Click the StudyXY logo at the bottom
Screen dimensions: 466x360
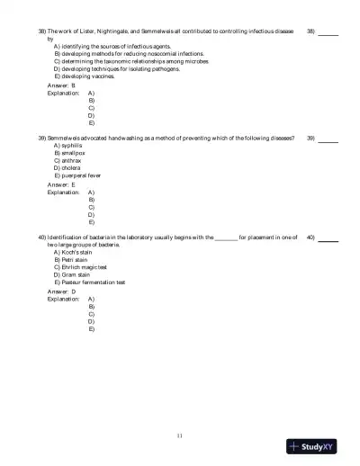(x=319, y=445)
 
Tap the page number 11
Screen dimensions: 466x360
(x=180, y=435)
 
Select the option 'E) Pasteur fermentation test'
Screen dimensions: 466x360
(x=92, y=282)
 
